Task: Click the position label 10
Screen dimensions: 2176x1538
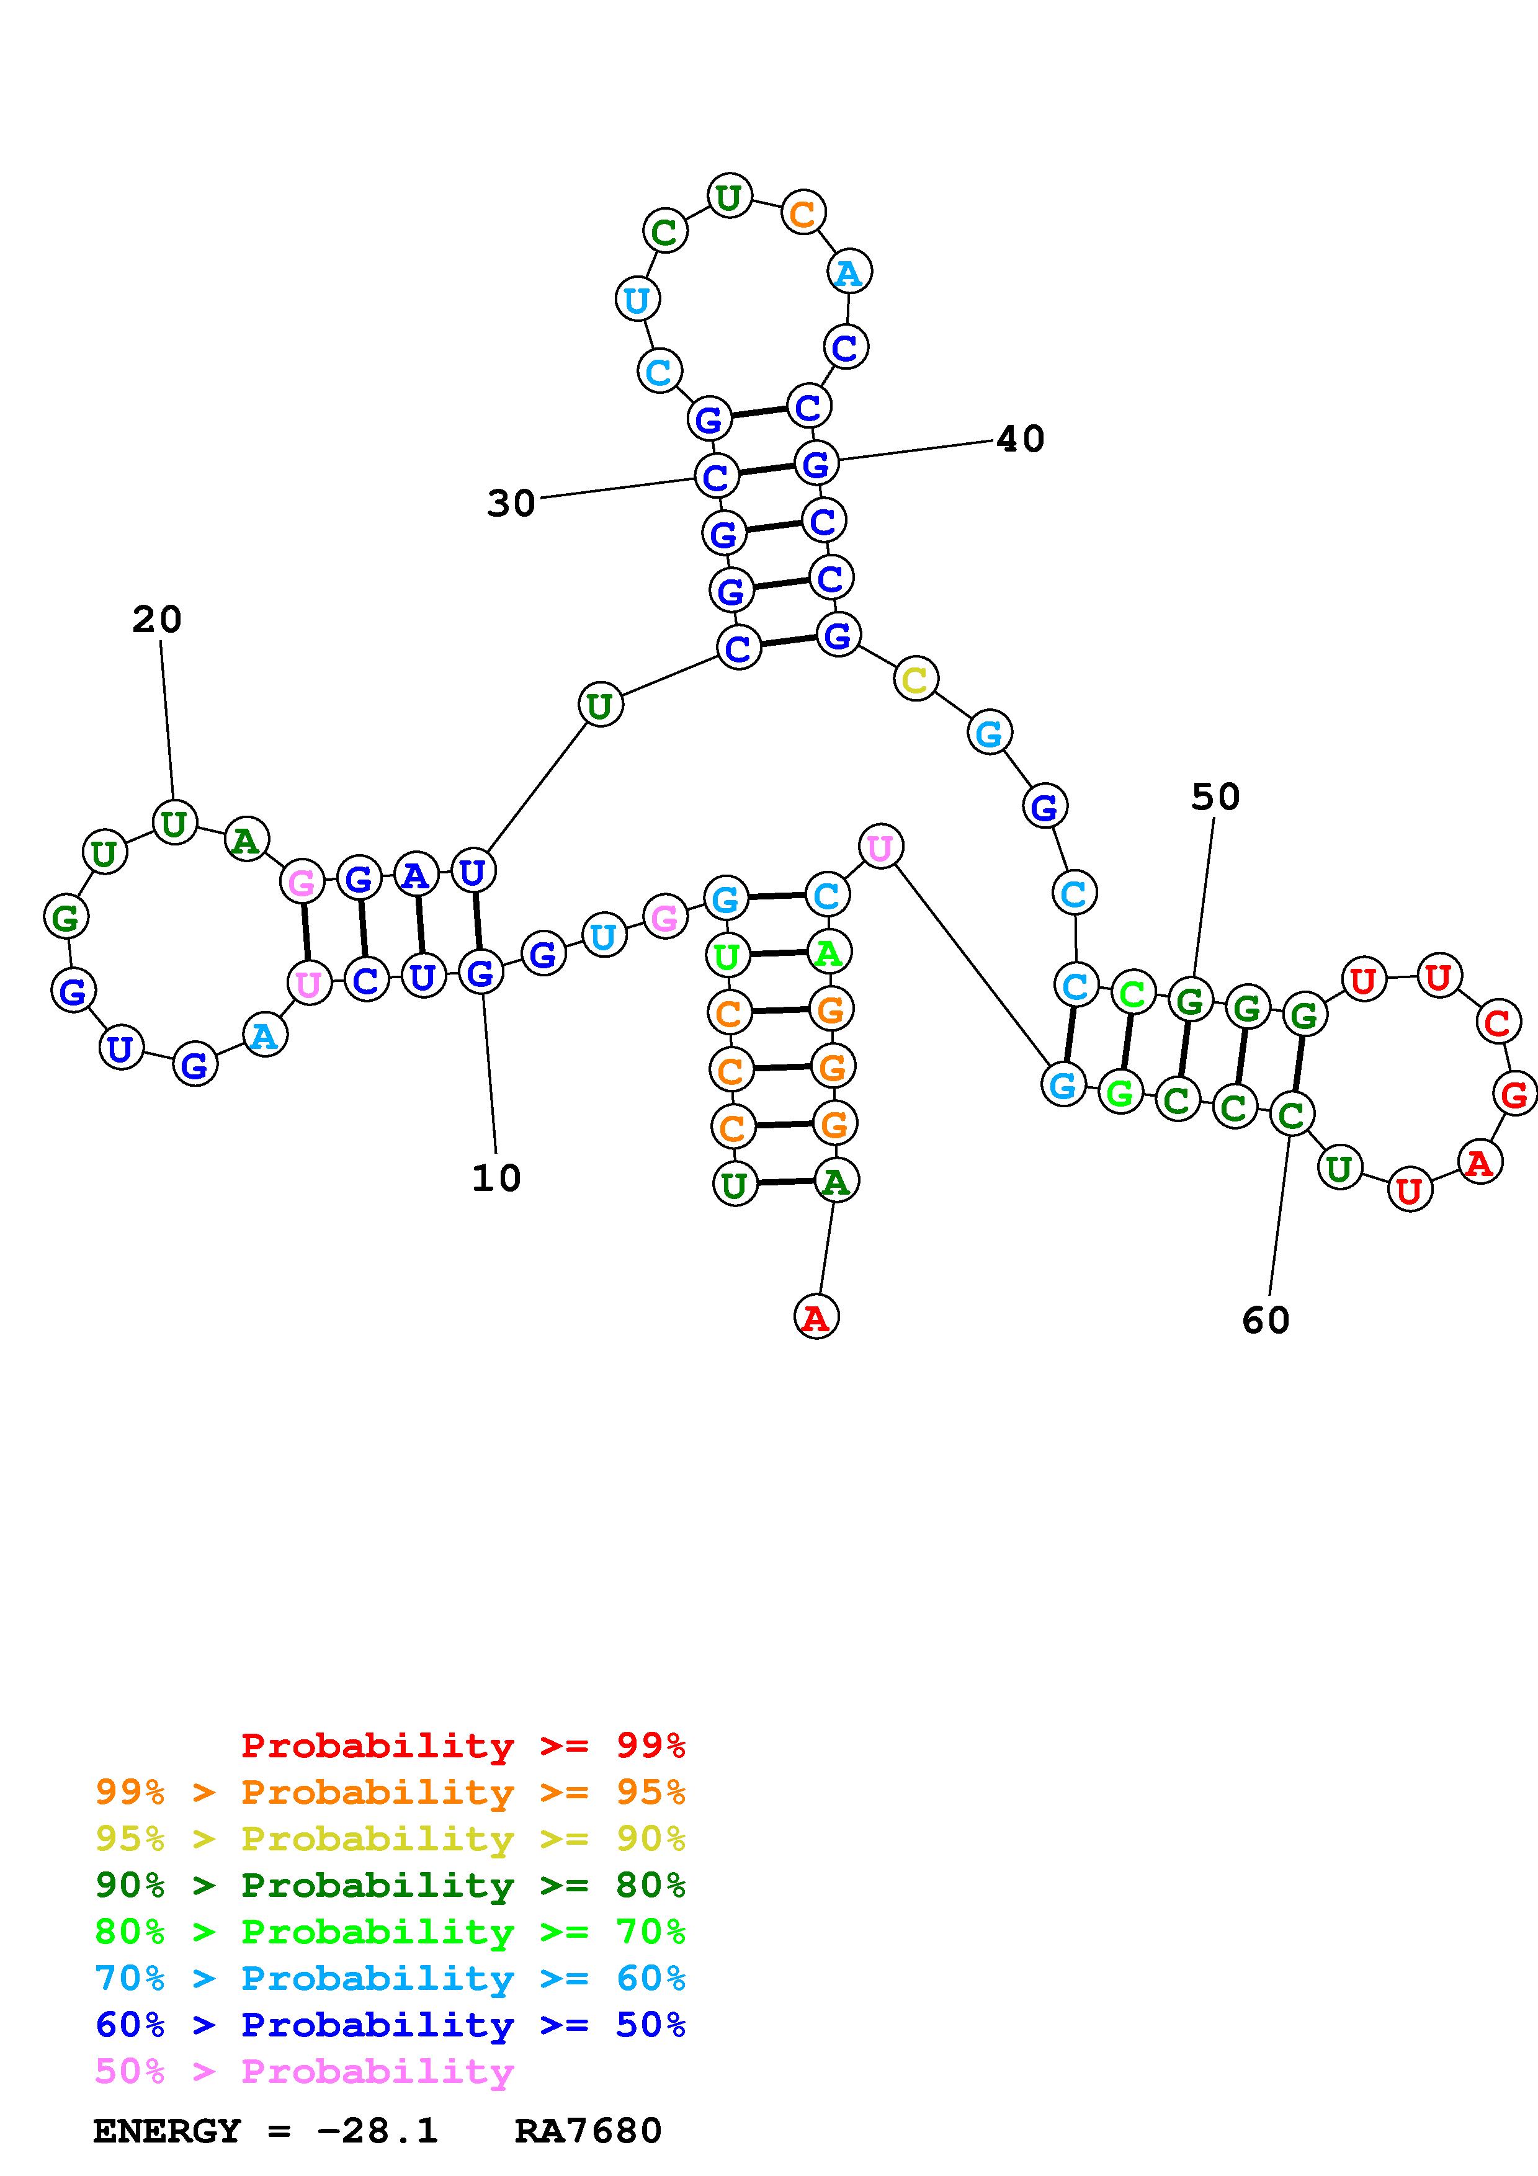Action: (496, 1178)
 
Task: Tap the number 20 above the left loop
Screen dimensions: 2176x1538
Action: (156, 620)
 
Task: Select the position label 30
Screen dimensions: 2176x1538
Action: (511, 503)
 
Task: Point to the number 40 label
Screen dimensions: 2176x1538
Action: (1020, 439)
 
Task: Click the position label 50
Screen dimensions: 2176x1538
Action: (1215, 797)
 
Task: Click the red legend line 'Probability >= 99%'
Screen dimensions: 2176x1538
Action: (463, 1745)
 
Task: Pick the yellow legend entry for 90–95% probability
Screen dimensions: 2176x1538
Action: (390, 1838)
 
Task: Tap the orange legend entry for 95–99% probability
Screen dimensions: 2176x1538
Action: (390, 1791)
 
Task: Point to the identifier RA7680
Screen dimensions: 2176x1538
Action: (588, 2131)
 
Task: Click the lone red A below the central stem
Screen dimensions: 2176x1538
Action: (816, 1318)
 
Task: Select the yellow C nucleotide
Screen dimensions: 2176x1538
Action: (915, 679)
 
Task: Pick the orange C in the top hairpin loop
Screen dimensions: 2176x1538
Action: (803, 214)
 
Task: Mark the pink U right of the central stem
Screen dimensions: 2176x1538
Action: (880, 846)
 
